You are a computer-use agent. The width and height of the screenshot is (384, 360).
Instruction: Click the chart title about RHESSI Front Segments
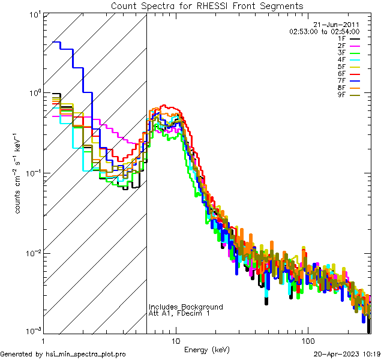click(x=207, y=6)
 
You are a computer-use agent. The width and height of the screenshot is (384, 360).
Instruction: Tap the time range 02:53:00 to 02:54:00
click(x=324, y=31)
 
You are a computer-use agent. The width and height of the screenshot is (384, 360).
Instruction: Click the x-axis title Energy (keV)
click(x=206, y=349)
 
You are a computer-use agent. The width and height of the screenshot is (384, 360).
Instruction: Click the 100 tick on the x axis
click(x=307, y=340)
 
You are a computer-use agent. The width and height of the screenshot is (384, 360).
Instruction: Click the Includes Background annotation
click(x=185, y=307)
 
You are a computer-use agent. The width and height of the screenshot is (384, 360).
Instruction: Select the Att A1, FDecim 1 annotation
click(x=179, y=313)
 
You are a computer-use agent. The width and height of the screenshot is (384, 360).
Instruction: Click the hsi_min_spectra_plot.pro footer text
click(x=86, y=355)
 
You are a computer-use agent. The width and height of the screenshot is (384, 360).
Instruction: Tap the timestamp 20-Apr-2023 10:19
click(x=348, y=355)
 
